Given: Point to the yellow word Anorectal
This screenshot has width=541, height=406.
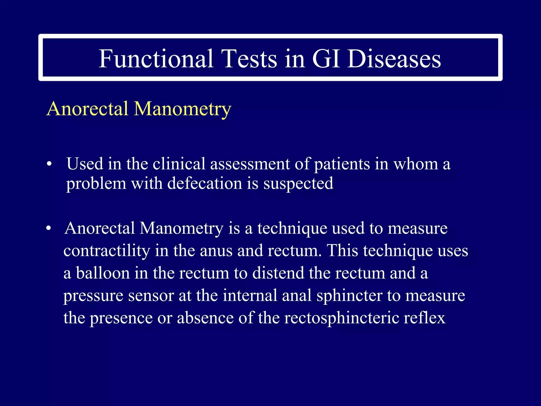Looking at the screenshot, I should pyautogui.click(x=87, y=109).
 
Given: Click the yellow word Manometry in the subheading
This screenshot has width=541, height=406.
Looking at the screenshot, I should pyautogui.click(x=183, y=109).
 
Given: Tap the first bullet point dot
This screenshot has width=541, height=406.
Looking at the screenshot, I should pyautogui.click(x=49, y=164).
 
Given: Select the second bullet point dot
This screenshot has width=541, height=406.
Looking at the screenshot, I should pyautogui.click(x=48, y=228).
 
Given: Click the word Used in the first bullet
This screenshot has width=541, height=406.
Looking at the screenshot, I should pyautogui.click(x=85, y=164).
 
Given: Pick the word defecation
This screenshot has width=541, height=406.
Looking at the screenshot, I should pyautogui.click(x=205, y=183).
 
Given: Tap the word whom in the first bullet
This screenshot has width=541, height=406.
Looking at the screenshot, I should pyautogui.click(x=416, y=164).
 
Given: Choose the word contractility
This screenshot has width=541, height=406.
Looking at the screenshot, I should pyautogui.click(x=107, y=251).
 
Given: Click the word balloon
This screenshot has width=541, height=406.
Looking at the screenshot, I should pyautogui.click(x=103, y=273).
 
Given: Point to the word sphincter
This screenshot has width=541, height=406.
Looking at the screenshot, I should pyautogui.click(x=349, y=296).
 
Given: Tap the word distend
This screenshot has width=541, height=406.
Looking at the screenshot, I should pyautogui.click(x=278, y=273).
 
